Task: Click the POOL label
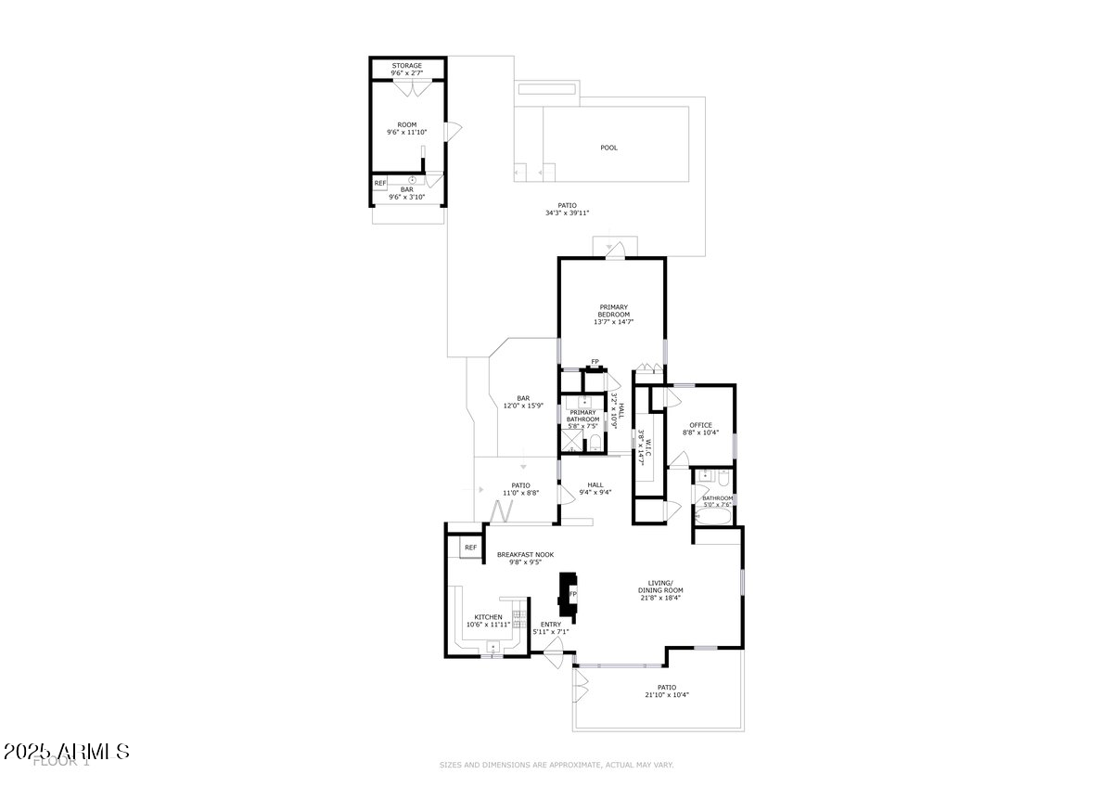tap(608, 148)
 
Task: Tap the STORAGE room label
tap(407, 66)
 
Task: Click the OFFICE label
tap(700, 425)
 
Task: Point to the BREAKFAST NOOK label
tap(525, 555)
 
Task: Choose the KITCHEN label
tap(489, 617)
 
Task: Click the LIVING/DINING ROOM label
tap(660, 587)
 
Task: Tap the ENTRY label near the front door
tap(551, 625)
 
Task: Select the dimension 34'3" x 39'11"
tap(568, 213)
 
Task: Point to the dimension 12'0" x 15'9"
tap(523, 406)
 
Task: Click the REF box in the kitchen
tap(470, 548)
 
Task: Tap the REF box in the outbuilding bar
tap(380, 184)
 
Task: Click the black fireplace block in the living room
tap(567, 594)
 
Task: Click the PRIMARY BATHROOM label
tap(582, 416)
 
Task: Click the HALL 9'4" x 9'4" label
tap(595, 488)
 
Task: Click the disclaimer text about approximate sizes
tap(556, 765)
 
